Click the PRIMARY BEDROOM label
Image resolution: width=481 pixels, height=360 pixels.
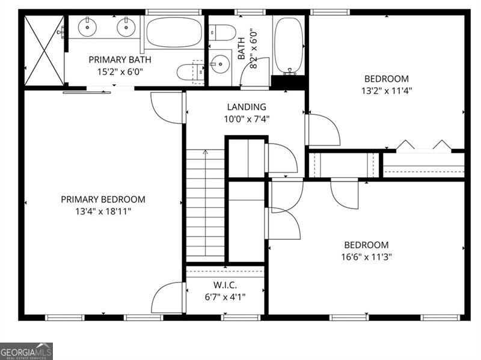point(103,200)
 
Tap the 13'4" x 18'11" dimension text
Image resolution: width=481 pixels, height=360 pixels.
point(103,212)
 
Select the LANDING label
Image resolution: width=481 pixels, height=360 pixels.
point(247,107)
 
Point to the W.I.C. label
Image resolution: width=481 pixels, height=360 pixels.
point(225,285)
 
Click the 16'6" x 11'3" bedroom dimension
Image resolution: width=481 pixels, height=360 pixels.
point(367,257)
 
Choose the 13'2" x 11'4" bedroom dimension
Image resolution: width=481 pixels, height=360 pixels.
point(387,91)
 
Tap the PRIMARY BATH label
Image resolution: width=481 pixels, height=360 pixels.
point(120,59)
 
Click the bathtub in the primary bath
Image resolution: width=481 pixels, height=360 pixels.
point(174,32)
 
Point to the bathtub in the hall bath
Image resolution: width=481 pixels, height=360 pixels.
point(289,46)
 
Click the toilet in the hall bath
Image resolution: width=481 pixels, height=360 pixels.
point(222,33)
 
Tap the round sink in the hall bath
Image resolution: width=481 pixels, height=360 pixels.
point(221,64)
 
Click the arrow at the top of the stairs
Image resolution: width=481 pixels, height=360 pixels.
point(205,151)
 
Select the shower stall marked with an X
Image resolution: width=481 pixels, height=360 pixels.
point(44,50)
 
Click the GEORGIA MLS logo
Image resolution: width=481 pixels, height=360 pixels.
point(26,352)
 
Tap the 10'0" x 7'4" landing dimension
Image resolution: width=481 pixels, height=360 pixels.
point(247,119)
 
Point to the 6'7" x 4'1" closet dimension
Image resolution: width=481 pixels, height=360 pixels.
point(225,297)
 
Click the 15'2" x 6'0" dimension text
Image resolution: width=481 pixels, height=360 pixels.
point(120,72)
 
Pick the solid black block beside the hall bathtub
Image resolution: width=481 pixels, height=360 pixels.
point(288,82)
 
